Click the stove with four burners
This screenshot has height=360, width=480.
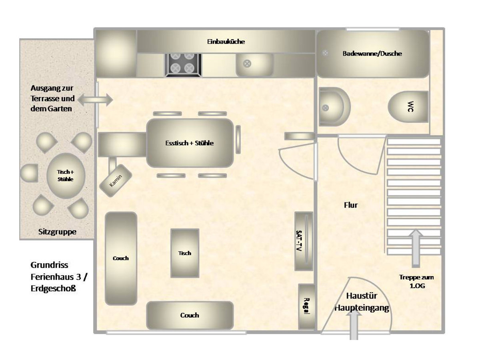pyautogui.click(x=183, y=65)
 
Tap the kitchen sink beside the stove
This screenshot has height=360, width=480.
pyautogui.click(x=254, y=65)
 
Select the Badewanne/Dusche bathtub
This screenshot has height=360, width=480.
pyautogui.click(x=372, y=54)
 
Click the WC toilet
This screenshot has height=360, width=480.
pyautogui.click(x=408, y=107)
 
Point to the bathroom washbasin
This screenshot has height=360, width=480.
pyautogui.click(x=334, y=107)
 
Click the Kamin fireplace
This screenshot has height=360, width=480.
pyautogui.click(x=116, y=181)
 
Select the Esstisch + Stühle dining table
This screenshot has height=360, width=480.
pyautogui.click(x=190, y=143)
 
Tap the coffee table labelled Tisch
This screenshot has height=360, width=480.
pyautogui.click(x=185, y=253)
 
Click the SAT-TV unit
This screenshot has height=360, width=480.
pyautogui.click(x=304, y=241)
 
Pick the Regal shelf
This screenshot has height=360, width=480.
pyautogui.click(x=306, y=307)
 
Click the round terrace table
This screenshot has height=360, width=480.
pyautogui.click(x=66, y=176)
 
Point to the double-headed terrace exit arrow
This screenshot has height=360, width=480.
pyautogui.click(x=95, y=100)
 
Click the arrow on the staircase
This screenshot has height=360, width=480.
pyautogui.click(x=416, y=248)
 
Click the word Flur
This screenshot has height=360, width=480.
pyautogui.click(x=351, y=205)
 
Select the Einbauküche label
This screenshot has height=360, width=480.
pyautogui.click(x=226, y=42)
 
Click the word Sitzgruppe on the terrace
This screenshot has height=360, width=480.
pyautogui.click(x=57, y=232)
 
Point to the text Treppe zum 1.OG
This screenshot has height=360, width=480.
pyautogui.click(x=416, y=282)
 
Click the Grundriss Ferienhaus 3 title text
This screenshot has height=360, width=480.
pyautogui.click(x=59, y=277)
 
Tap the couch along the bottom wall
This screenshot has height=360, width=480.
pyautogui.click(x=190, y=315)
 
